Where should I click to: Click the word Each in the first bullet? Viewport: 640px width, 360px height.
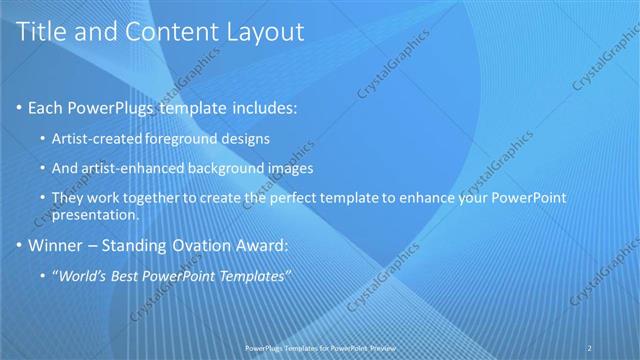tap(47, 107)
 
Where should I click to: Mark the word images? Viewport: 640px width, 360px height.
tap(292, 168)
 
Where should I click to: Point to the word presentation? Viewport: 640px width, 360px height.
tap(94, 214)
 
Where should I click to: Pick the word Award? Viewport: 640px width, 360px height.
tap(263, 244)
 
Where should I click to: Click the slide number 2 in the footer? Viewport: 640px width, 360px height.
tap(589, 347)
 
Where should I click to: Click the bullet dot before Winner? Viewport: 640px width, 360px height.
tap(20, 244)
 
